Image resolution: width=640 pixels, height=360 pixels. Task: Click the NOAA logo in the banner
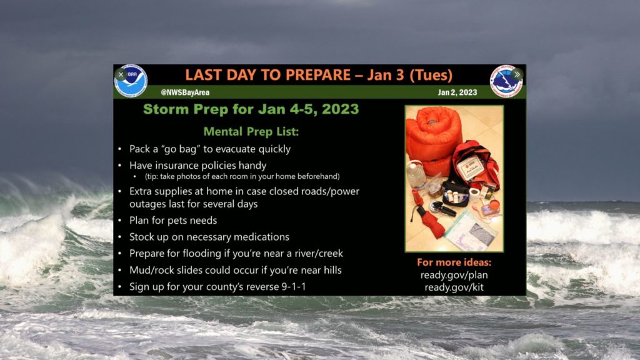(131, 81)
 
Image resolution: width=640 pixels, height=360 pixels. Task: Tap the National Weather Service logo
(506, 81)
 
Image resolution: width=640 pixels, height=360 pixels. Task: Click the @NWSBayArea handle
(185, 92)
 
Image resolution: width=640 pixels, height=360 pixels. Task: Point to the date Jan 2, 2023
(457, 92)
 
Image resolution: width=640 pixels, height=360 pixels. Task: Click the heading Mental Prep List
(251, 131)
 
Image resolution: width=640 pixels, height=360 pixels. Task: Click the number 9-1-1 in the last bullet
(294, 286)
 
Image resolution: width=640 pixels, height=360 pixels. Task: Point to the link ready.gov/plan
(454, 275)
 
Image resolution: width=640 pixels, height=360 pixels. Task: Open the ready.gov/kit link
(454, 287)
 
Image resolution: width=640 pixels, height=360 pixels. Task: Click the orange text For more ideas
(454, 262)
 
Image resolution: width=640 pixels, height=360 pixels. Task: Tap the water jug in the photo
(416, 176)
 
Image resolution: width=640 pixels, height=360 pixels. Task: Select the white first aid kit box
(470, 168)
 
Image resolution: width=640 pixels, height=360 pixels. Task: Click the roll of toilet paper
(474, 194)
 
